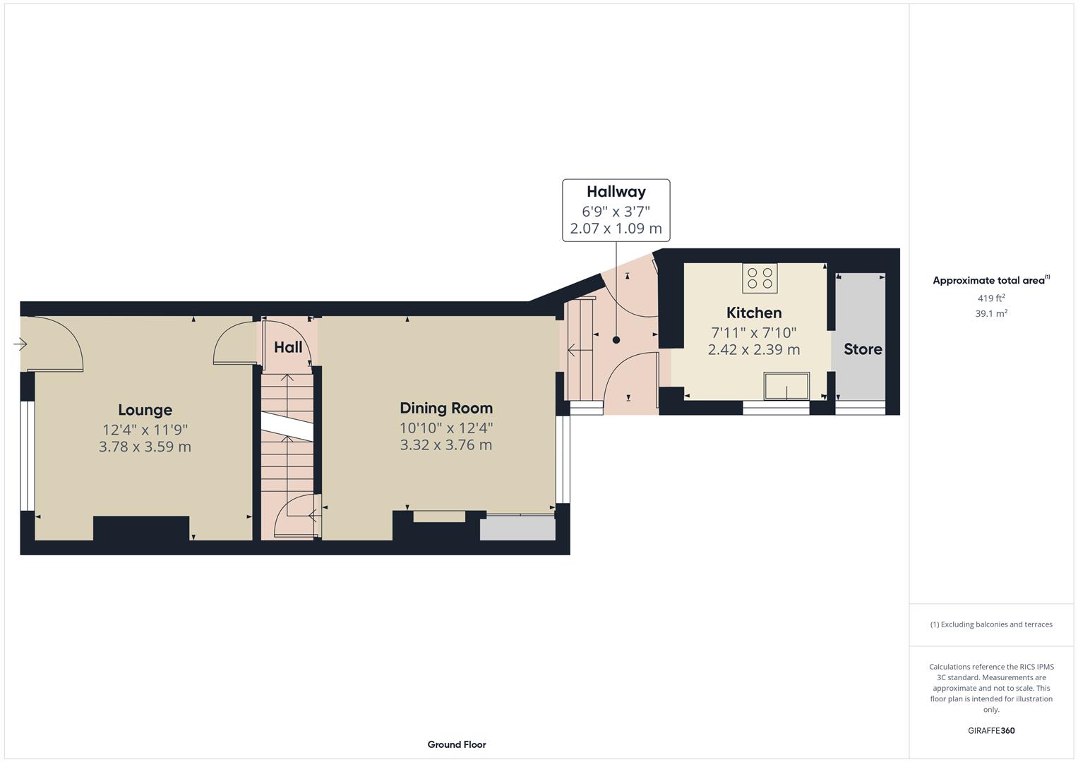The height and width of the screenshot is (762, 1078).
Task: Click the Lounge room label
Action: click(x=145, y=410)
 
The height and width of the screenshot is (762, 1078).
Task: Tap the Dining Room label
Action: click(x=446, y=408)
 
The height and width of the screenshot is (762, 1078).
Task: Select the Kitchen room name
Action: click(x=754, y=313)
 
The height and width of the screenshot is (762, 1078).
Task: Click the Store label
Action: click(x=863, y=349)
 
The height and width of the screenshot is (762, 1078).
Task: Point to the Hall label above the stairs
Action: click(x=288, y=347)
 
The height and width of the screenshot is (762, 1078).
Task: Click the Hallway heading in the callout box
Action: click(x=616, y=192)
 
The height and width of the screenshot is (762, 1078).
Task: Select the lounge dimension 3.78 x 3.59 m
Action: click(x=145, y=447)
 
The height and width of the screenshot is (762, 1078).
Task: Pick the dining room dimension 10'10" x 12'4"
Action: click(x=446, y=428)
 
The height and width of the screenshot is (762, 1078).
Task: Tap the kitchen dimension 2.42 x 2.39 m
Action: click(x=754, y=350)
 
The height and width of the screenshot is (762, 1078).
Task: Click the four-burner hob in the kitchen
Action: click(x=760, y=278)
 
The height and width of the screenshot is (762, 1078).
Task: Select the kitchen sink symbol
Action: click(x=786, y=387)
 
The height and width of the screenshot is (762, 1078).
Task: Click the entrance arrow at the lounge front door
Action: click(x=20, y=344)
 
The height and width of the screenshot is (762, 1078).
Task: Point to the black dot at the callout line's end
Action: click(x=616, y=340)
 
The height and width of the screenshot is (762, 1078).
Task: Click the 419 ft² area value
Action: click(x=991, y=298)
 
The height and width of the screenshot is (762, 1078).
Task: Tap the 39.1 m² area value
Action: click(x=991, y=314)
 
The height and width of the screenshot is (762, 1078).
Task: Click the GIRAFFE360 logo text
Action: click(x=991, y=731)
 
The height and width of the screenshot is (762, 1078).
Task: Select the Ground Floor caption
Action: click(x=457, y=744)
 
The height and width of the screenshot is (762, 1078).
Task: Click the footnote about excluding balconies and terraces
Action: click(x=991, y=624)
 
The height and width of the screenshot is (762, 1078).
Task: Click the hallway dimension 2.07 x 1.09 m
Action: click(x=616, y=229)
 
